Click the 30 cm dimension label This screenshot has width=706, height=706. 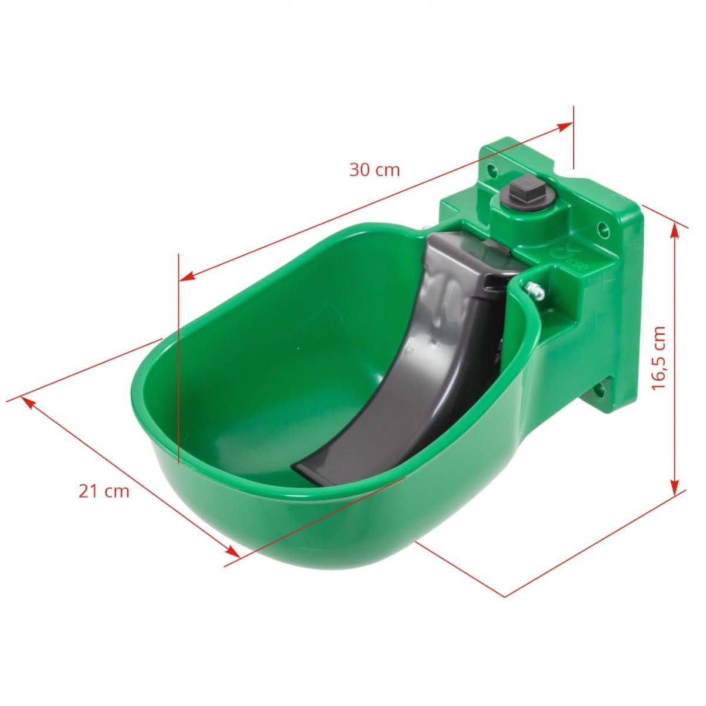pos(374,170)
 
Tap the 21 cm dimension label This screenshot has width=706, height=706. pos(104,491)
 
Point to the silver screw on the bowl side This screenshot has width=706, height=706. pos(535,289)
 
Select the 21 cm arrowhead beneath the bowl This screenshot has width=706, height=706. pos(233,551)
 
